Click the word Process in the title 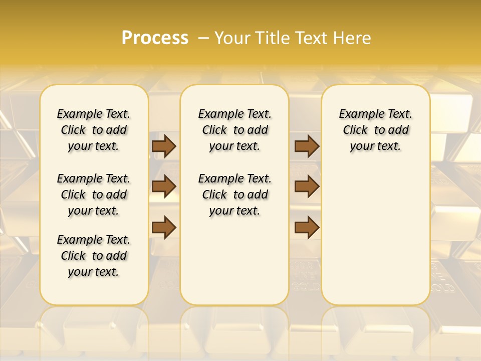point(155,38)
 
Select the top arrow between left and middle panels point(164,146)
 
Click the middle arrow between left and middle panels point(164,187)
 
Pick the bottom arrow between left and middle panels point(164,227)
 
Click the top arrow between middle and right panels point(307,146)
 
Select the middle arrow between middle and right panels point(307,187)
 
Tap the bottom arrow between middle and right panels point(307,227)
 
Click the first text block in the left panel point(94,130)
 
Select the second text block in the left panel point(94,195)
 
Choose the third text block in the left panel point(94,256)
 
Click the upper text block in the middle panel point(234,130)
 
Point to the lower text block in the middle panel point(234,195)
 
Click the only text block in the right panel point(375,130)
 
